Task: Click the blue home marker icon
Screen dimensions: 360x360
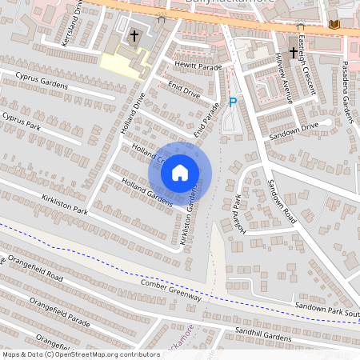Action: pos(180,172)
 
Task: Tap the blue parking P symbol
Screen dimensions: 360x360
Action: pos(233,102)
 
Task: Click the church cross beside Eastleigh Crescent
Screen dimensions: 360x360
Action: pos(293,53)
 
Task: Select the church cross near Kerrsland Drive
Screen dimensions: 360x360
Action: pos(134,36)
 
